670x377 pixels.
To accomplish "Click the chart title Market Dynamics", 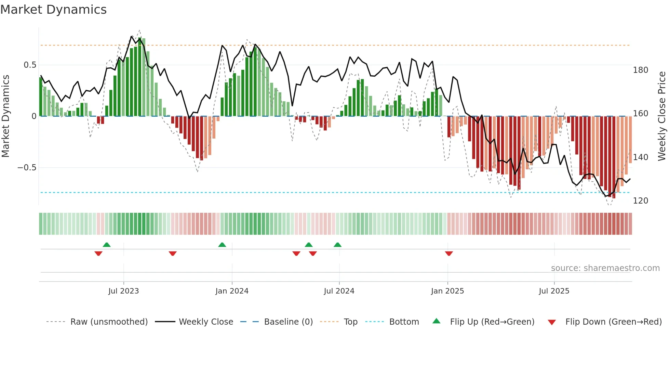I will [x=54, y=10].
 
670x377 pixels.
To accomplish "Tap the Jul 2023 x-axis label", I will [x=123, y=291].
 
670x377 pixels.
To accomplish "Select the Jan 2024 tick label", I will [x=232, y=291].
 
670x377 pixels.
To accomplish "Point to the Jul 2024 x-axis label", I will [x=339, y=291].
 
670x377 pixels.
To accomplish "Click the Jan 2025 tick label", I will [x=447, y=291].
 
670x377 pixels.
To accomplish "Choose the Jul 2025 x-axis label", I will [x=554, y=291].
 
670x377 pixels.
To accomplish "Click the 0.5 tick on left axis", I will [x=30, y=65].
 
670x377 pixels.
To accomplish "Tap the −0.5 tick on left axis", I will [x=27, y=168].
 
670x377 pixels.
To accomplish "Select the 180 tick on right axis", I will [x=640, y=70].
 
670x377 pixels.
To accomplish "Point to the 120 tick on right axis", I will [x=640, y=201].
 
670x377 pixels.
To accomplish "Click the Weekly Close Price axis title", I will [x=662, y=116].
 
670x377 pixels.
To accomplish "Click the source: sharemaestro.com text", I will [x=605, y=268].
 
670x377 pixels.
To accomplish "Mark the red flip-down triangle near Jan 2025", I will [x=449, y=253].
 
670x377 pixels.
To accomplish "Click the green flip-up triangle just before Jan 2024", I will [x=222, y=245].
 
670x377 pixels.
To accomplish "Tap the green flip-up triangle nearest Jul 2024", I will [x=337, y=245].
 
